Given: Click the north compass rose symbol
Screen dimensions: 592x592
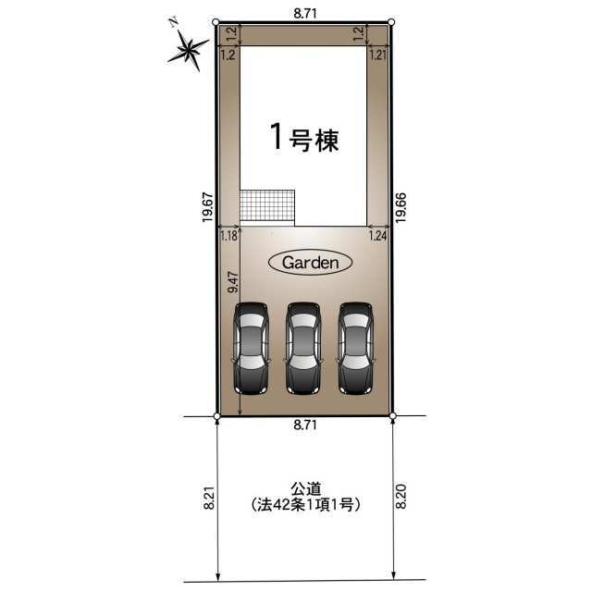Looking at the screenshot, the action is (188, 50).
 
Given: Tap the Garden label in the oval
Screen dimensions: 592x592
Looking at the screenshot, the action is (311, 263).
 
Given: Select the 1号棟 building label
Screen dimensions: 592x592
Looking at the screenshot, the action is (304, 138).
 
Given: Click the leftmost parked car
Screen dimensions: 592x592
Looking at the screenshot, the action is (251, 349).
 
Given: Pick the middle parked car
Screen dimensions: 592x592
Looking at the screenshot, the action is (303, 349).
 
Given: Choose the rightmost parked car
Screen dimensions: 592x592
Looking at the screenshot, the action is (355, 349).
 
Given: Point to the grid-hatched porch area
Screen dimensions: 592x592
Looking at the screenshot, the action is (267, 205).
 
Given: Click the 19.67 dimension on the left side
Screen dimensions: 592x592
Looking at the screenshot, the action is (207, 207).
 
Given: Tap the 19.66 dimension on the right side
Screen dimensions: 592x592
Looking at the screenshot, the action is (401, 207).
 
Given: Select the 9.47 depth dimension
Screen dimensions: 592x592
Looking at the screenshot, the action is (233, 282).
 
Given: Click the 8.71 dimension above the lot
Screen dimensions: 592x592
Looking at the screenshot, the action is (305, 14).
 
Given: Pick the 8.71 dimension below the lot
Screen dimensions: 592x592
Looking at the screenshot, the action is (305, 425).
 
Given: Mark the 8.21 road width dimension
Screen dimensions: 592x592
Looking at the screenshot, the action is (209, 498).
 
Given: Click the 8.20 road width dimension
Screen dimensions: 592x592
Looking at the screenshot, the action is (401, 497).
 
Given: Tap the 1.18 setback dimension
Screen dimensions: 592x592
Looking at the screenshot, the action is (228, 236).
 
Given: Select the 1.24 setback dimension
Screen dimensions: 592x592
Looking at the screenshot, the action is (378, 236).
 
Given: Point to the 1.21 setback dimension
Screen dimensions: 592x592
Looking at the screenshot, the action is (378, 55).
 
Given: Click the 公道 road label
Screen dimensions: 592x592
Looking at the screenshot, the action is (305, 489).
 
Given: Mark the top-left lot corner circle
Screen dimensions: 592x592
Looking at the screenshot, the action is (216, 22).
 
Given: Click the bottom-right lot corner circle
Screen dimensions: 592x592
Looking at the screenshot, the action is (392, 416).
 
